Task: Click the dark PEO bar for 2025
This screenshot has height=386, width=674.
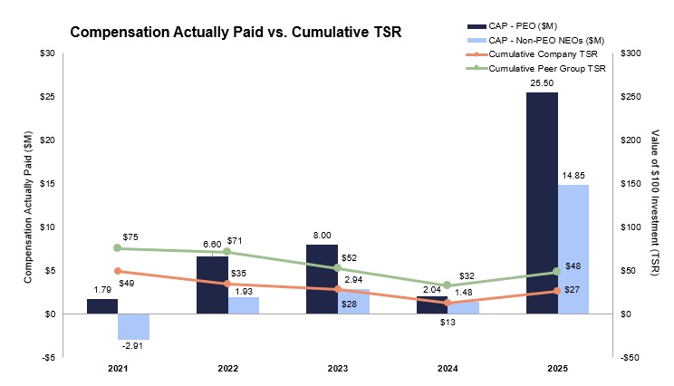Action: pyautogui.click(x=542, y=203)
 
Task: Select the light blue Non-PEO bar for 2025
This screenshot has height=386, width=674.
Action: pyautogui.click(x=573, y=249)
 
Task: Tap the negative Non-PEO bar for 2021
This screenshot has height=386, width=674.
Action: pyautogui.click(x=133, y=326)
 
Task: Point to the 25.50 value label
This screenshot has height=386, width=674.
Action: pyautogui.click(x=542, y=82)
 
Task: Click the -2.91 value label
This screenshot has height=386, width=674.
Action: pyautogui.click(x=133, y=346)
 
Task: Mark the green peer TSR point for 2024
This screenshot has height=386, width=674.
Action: pyautogui.click(x=447, y=285)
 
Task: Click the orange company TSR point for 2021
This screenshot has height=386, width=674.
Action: pyautogui.click(x=118, y=271)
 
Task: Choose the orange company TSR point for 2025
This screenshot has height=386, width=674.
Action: pyautogui.click(x=556, y=290)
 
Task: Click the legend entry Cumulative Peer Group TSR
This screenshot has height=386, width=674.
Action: pyautogui.click(x=540, y=69)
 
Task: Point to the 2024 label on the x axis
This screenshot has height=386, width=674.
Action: pyautogui.click(x=447, y=370)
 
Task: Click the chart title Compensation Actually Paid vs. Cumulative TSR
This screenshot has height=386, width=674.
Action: pyautogui.click(x=236, y=33)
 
